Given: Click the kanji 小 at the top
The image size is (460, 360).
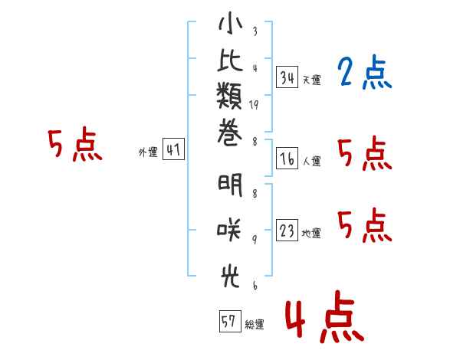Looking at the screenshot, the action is (231, 23).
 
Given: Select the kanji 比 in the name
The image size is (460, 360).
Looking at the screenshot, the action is (230, 60).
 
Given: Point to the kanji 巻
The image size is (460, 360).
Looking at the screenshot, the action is (230, 133).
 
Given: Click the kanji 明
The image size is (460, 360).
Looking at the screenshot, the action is (230, 185).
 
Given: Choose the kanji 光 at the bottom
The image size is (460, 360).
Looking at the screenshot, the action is (230, 277).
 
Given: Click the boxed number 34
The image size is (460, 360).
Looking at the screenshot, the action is (287, 77).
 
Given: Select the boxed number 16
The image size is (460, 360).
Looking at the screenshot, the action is (287, 159).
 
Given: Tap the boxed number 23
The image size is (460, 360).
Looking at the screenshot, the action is (287, 230).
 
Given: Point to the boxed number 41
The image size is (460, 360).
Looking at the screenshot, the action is (173, 149).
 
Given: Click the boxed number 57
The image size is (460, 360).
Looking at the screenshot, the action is (230, 321).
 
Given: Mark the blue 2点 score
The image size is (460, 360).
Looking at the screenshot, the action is (365, 72).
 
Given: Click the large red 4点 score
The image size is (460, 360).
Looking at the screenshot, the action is (325, 316).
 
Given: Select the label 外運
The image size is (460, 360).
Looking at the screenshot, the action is (148, 152).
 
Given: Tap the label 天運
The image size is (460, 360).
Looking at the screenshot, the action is (312, 80).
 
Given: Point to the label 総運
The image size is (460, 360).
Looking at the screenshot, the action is (255, 324).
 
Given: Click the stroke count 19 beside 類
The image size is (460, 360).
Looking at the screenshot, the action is (254, 105).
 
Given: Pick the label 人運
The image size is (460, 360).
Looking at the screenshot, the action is (312, 161).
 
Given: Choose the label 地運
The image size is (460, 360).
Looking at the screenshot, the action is (311, 234).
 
